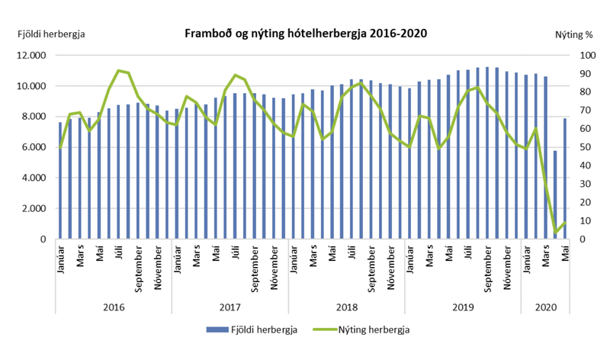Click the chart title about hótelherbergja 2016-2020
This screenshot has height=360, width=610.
coord(305,33)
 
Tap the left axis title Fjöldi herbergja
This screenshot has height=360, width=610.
coord(51,34)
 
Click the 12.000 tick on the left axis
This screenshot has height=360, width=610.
coord(32,56)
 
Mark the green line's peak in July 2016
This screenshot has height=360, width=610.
coord(119,70)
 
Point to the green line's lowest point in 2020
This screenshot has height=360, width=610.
coord(555,233)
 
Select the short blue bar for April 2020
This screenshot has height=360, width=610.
coord(555,194)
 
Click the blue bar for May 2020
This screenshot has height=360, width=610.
coord(565,178)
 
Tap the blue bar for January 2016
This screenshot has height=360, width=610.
coord(60,181)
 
